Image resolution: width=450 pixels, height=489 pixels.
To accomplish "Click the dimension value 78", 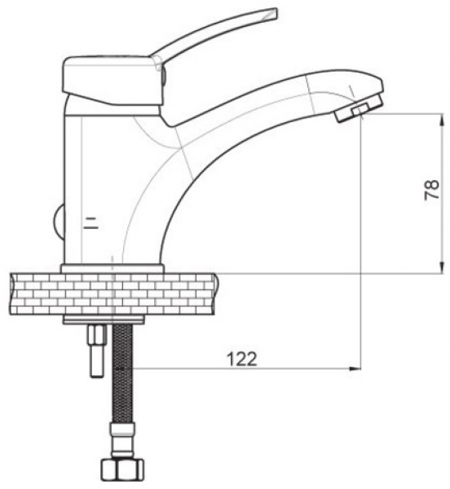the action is tap(431, 189).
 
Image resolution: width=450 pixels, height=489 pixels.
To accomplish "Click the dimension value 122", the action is tap(242, 359).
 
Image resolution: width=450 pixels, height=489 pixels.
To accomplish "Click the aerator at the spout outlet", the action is tap(359, 110).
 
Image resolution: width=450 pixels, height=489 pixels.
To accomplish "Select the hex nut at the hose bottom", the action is tap(122, 469).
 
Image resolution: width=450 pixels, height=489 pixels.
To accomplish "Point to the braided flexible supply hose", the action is tap(122, 373).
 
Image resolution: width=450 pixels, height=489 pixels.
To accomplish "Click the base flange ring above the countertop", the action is tap(112, 268).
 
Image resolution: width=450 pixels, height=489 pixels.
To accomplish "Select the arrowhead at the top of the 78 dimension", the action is tap(442, 120).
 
